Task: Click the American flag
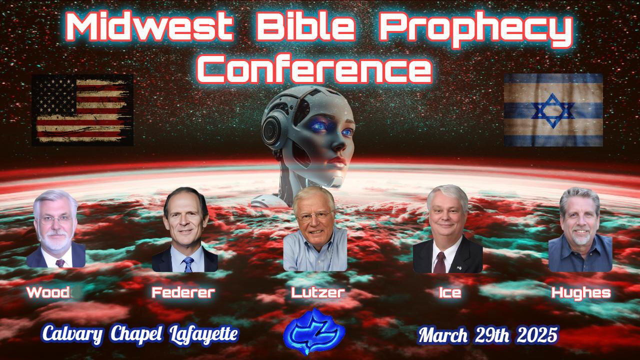coord(82,110)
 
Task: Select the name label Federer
coord(183,292)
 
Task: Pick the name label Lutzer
coord(317,292)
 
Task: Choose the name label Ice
coord(449,292)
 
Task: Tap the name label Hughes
coord(581,292)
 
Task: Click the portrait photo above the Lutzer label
coord(314,230)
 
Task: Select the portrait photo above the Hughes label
coord(580,230)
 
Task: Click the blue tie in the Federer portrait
coord(188,263)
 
